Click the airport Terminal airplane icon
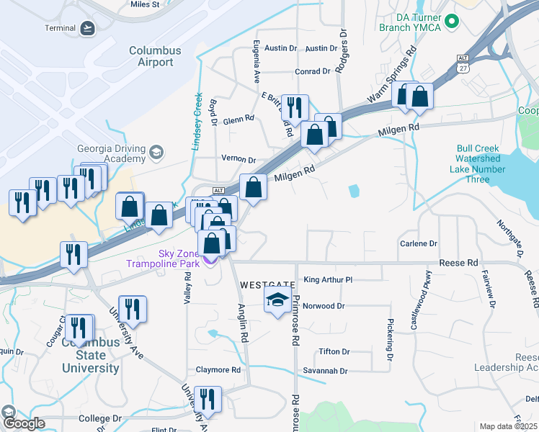(x=88, y=28)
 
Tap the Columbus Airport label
(x=151, y=56)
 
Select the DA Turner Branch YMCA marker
(x=452, y=22)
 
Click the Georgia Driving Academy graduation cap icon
(x=156, y=153)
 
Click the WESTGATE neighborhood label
(x=267, y=284)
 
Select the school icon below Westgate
(x=278, y=300)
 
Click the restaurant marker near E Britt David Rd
(x=294, y=108)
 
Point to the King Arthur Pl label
(x=328, y=279)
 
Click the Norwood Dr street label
(x=324, y=306)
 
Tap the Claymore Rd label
(x=218, y=370)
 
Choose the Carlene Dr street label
(x=419, y=244)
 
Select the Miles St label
(x=145, y=4)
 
